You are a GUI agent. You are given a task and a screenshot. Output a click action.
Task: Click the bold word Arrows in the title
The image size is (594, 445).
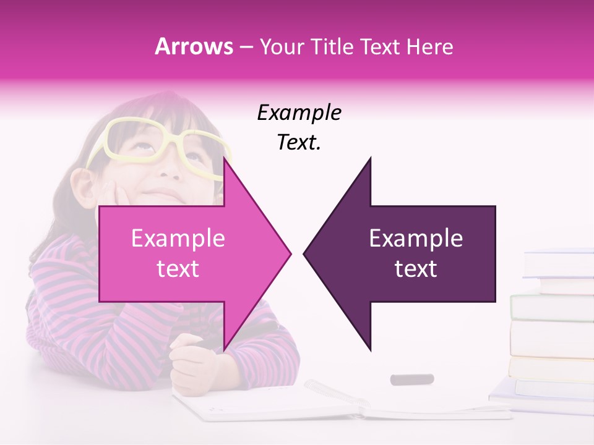194,46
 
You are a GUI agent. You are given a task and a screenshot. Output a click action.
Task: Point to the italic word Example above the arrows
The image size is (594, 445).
299,113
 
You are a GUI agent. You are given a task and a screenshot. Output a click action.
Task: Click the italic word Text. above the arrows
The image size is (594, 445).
299,143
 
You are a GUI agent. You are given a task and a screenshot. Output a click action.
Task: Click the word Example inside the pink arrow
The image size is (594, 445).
178,239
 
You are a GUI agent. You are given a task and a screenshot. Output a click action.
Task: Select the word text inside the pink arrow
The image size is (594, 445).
178,269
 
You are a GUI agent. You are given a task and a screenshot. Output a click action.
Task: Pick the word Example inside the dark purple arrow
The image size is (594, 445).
416,239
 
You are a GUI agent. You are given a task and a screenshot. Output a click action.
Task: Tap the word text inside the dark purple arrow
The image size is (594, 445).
416,269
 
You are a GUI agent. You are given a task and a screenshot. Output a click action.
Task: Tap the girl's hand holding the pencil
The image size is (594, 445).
192,365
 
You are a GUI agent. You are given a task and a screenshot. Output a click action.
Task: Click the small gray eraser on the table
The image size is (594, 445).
411,379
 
